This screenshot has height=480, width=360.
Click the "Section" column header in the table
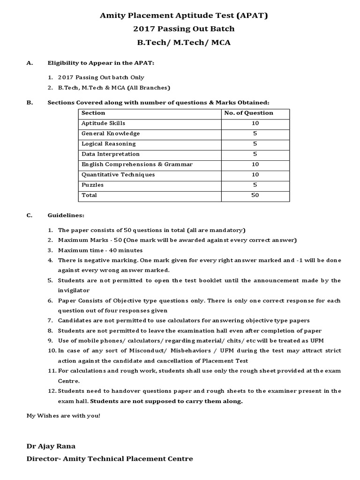pyautogui.click(x=93, y=113)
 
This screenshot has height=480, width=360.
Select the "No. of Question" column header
pyautogui.click(x=248, y=113)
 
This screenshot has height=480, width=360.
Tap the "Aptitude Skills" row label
pyautogui.click(x=103, y=123)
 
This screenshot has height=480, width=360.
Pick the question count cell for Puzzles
pyautogui.click(x=255, y=185)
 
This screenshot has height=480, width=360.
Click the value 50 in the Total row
pyautogui.click(x=255, y=195)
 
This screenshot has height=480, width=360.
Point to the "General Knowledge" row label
pyautogui.click(x=111, y=134)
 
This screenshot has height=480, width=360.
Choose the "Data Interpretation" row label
pyautogui.click(x=111, y=154)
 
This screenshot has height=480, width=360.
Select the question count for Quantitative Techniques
pyautogui.click(x=255, y=174)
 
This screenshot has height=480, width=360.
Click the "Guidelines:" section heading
pyautogui.click(x=66, y=216)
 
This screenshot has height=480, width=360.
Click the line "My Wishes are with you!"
pyautogui.click(x=63, y=416)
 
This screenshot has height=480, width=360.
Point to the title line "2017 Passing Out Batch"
pyautogui.click(x=184, y=29)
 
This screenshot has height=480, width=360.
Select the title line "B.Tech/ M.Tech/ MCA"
pyautogui.click(x=184, y=43)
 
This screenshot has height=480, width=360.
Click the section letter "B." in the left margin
pyautogui.click(x=29, y=103)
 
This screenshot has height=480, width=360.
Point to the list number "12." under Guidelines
pyautogui.click(x=52, y=391)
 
